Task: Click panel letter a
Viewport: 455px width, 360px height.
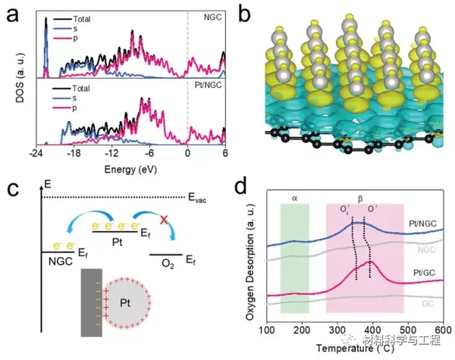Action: tap(12, 15)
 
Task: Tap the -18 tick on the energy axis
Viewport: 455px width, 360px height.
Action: tap(74, 153)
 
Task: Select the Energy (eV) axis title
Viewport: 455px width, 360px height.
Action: tap(131, 170)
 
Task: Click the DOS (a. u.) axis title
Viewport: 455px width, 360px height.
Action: tap(21, 78)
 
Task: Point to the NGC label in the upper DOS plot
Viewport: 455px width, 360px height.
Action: tap(212, 17)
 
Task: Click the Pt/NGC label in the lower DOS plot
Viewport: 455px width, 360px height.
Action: tap(208, 85)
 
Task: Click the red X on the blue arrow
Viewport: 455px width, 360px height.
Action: tap(164, 221)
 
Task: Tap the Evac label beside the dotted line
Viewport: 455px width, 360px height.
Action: tap(197, 198)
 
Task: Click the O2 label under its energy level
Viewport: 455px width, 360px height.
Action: tap(168, 264)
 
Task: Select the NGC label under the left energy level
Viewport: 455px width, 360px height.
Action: tap(61, 261)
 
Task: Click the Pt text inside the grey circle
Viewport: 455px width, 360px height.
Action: tap(125, 303)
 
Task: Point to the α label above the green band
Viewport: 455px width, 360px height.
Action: tap(294, 199)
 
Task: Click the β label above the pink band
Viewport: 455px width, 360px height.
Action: tap(360, 199)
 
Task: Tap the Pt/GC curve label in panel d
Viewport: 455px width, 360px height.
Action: tap(424, 272)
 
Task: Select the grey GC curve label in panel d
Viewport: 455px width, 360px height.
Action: tap(428, 304)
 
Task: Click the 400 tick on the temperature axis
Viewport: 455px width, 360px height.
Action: tap(373, 330)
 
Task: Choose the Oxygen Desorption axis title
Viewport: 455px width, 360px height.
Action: tap(250, 262)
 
